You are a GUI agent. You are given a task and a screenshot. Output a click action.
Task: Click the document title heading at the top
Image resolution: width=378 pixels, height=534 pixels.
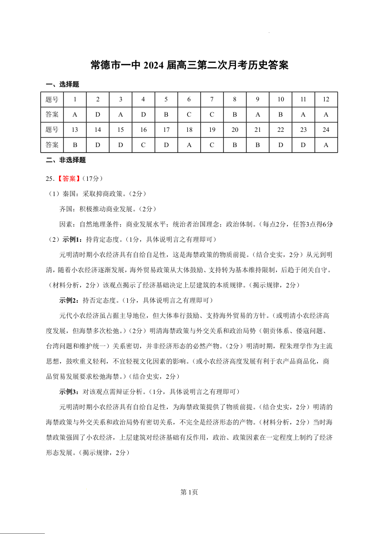[x=189, y=65]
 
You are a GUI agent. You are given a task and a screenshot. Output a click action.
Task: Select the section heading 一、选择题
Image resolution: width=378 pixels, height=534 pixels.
[x=62, y=84]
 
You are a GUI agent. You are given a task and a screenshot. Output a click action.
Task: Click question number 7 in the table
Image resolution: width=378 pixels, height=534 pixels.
[x=212, y=99]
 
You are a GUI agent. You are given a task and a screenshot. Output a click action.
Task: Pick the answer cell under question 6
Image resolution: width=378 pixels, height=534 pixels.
[x=189, y=115]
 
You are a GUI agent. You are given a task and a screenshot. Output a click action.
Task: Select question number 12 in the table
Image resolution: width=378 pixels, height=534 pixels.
[x=326, y=99]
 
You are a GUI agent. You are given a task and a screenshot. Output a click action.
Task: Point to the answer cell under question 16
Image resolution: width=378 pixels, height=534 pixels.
[x=143, y=145]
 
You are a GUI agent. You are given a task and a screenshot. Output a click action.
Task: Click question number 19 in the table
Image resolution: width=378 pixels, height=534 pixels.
[x=212, y=129]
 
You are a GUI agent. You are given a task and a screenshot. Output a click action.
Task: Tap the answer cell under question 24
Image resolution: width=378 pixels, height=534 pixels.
[x=326, y=145]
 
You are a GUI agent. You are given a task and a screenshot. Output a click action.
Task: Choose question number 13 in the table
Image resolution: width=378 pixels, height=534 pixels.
[x=75, y=129]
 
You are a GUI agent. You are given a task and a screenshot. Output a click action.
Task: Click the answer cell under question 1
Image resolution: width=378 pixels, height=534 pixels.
[x=75, y=115]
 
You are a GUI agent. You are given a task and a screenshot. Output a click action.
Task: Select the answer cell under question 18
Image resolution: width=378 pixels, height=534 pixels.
[x=189, y=145]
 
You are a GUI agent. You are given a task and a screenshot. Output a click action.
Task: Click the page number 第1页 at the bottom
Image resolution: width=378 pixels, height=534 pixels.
[x=189, y=492]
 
